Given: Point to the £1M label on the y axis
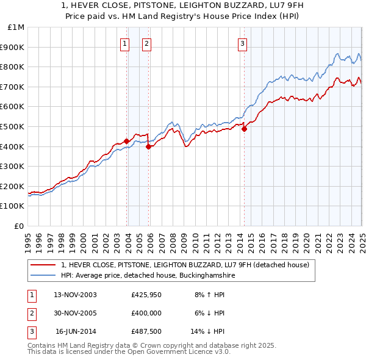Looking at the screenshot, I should [16, 27].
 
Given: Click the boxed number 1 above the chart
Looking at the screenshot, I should [124, 43].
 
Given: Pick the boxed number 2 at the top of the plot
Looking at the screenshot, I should [147, 43].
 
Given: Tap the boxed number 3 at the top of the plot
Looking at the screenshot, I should [242, 43].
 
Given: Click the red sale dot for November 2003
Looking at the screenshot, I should [126, 141].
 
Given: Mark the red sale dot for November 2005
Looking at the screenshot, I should [148, 146].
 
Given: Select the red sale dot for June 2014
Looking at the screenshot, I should [244, 129].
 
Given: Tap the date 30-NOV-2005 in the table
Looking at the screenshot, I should [76, 313].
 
